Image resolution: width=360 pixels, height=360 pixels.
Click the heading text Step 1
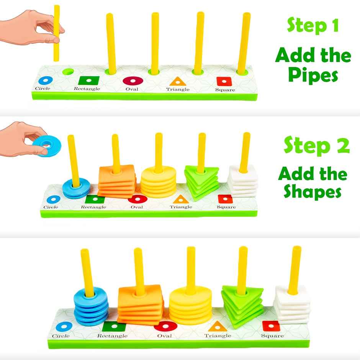tap(313, 26)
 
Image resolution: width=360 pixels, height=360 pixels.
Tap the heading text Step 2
tap(316, 146)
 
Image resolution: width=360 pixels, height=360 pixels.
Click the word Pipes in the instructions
tap(313, 75)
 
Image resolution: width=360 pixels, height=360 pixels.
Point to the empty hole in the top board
tap(69, 72)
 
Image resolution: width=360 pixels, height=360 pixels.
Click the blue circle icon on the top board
tap(46, 80)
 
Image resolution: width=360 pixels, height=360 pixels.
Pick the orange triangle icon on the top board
tap(177, 81)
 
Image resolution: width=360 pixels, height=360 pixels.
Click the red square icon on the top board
tap(222, 81)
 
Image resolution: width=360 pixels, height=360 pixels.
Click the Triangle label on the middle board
tap(181, 207)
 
